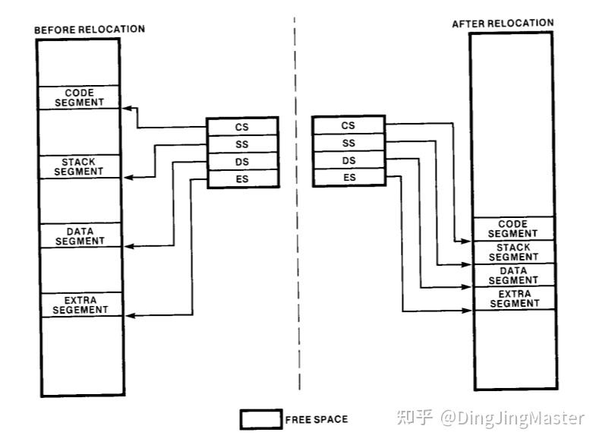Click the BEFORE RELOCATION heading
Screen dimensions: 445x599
pos(90,29)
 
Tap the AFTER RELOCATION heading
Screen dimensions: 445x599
pos(503,23)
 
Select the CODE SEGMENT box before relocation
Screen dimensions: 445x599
pos(80,97)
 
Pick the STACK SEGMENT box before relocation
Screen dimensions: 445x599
pos(80,166)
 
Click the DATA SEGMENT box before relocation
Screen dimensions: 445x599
pos(80,235)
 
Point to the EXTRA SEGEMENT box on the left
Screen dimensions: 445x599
pos(80,305)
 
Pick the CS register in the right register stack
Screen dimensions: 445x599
pos(348,125)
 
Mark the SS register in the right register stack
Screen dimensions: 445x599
pos(348,143)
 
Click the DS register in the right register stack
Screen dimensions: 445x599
pos(348,160)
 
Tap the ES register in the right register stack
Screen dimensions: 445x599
pos(348,178)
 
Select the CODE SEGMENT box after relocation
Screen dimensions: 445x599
pos(513,229)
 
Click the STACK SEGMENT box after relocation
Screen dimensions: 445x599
pos(513,252)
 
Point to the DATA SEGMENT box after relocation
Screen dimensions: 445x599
pos(513,275)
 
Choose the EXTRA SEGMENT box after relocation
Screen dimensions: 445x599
pos(513,298)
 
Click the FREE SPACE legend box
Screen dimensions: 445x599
pos(260,419)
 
